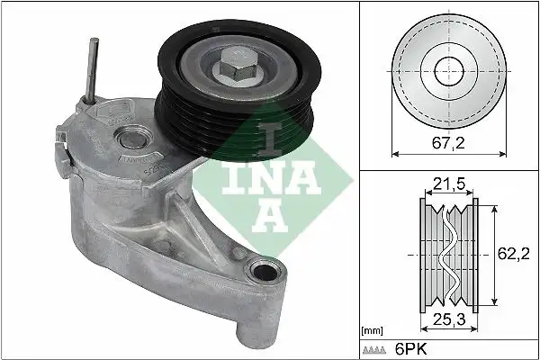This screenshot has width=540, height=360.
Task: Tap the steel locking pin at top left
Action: [x=93, y=67]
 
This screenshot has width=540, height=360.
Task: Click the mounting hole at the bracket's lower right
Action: [x=264, y=269]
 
